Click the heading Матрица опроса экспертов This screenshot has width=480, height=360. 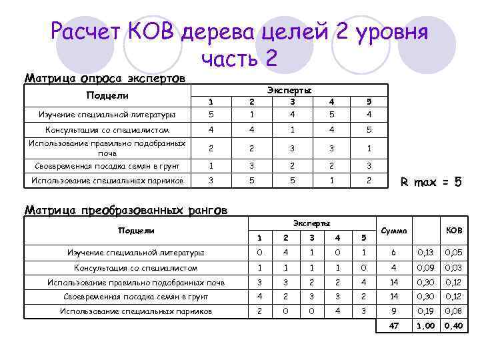[x=105, y=78]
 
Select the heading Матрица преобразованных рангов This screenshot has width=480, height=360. [x=125, y=210]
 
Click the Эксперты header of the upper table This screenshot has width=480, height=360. [x=289, y=90]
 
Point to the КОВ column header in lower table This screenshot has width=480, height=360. [x=453, y=230]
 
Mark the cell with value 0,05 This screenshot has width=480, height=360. [x=454, y=253]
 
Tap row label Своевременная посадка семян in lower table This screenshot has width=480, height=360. [x=136, y=297]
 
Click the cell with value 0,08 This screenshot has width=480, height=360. [x=454, y=311]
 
